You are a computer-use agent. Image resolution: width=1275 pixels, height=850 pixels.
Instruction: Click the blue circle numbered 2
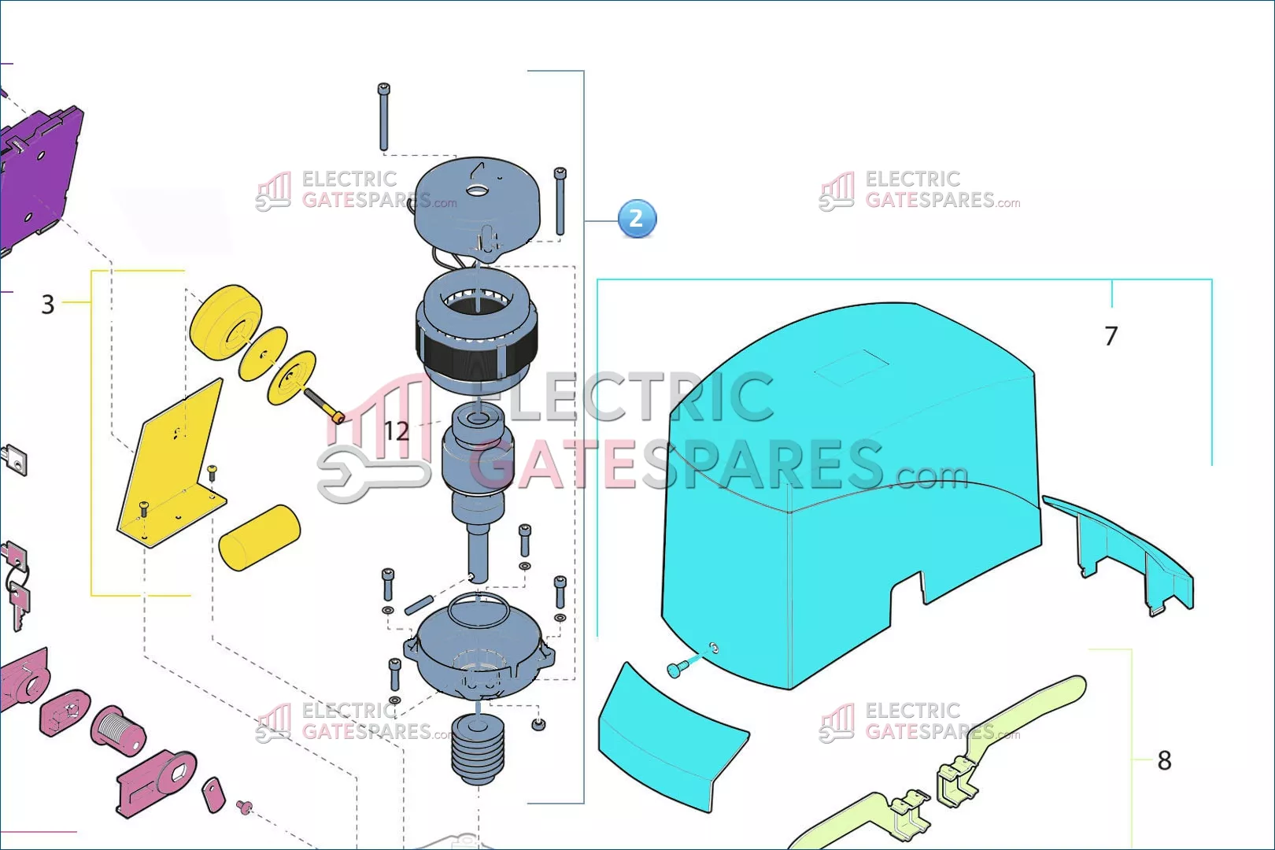(x=637, y=219)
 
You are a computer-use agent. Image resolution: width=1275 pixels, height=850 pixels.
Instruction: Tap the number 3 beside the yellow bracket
(x=48, y=305)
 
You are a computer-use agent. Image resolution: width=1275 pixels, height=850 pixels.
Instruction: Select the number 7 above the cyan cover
(x=1111, y=336)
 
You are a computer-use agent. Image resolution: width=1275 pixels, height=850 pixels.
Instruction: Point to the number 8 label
(x=1164, y=760)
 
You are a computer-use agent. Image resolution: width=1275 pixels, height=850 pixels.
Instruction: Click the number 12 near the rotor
(x=396, y=431)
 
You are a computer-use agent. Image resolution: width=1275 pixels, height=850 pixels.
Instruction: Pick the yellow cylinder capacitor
(x=260, y=537)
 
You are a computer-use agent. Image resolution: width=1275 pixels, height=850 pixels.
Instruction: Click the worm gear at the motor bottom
(x=477, y=748)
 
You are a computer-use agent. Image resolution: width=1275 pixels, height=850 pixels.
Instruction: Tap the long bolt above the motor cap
(x=383, y=116)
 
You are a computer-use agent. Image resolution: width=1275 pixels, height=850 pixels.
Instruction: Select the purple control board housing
(x=40, y=176)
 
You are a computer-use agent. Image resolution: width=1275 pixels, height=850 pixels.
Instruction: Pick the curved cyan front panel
(x=671, y=737)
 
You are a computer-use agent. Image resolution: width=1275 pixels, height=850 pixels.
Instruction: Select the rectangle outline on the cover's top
(x=852, y=368)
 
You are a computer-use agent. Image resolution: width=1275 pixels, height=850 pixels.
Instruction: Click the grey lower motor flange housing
(x=479, y=646)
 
